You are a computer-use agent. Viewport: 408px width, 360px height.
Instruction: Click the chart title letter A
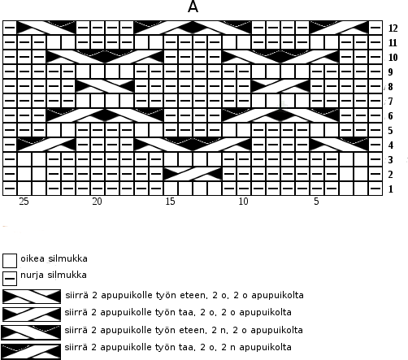pos(193,7)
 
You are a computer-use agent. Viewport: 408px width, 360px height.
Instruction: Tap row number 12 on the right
pos(393,28)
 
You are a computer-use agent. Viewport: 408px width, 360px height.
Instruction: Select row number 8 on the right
pos(390,87)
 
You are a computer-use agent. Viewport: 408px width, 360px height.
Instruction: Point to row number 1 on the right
pos(390,189)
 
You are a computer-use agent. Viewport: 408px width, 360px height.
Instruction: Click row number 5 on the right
pos(390,131)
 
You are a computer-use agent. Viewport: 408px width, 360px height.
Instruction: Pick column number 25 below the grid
pos(24,202)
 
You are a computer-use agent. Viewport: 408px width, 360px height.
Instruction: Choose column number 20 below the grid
pos(97,202)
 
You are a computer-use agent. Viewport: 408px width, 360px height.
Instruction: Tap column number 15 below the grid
pos(170,202)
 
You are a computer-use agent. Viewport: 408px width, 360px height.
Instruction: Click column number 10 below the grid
pos(243,202)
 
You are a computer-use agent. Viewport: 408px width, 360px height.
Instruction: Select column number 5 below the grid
pos(316,202)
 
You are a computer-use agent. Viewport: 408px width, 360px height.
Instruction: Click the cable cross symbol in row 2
pos(193,174)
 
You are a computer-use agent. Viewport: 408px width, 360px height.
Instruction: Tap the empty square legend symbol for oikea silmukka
pos(10,261)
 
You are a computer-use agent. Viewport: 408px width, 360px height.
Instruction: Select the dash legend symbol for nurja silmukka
pos(10,279)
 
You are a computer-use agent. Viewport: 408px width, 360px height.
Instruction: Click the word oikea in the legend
pos(33,258)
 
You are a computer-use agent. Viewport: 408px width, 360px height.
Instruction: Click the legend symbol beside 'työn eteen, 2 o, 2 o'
pos(32,297)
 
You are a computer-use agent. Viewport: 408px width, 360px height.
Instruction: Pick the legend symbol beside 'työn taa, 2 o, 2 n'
pos(31,351)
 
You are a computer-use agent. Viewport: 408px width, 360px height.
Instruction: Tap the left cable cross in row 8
pos(105,86)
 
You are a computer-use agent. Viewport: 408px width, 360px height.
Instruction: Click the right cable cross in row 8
pos(280,86)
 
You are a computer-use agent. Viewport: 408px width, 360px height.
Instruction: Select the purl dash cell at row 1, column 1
pos(375,189)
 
